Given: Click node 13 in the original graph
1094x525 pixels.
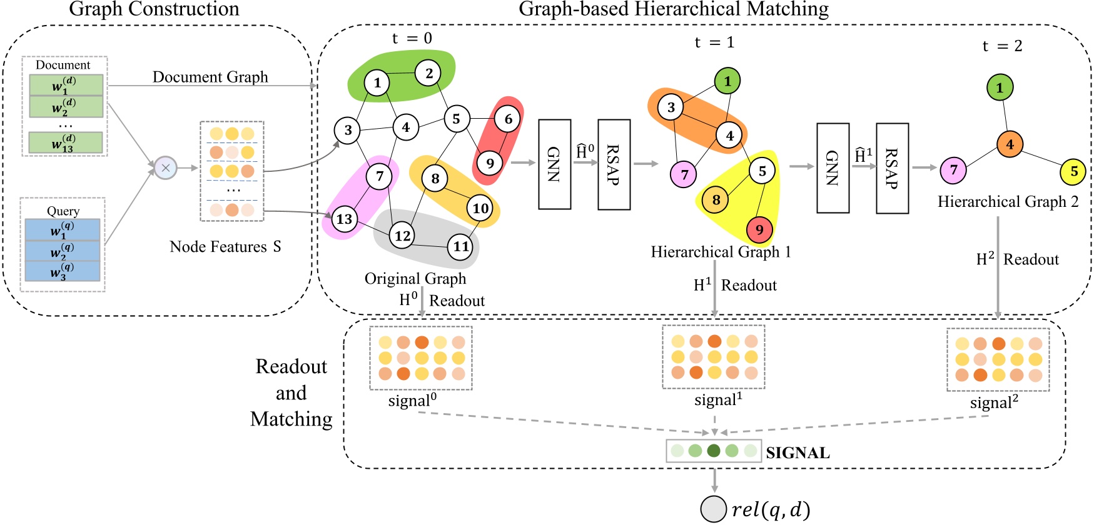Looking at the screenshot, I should coord(345,219).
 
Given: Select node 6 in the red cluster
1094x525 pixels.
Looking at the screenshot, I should coord(508,119).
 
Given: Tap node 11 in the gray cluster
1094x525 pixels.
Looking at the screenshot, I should coord(461,246).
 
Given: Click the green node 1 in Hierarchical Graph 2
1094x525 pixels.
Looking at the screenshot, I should coord(1000,87).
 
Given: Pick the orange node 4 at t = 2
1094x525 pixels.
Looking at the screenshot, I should coord(1010,144).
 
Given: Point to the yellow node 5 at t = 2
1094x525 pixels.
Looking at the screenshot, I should coord(1073,171).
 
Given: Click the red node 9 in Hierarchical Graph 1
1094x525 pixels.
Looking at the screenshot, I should coord(759,229).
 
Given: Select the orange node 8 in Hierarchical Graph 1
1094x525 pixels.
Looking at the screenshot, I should coord(716,200).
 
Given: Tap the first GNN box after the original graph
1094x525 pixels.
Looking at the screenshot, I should coord(554,164).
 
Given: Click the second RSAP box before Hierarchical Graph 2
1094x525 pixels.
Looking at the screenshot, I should coord(892,168).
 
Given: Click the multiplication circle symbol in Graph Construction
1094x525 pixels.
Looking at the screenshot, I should coord(166,167).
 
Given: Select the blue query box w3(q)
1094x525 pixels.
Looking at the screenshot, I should coord(62,271).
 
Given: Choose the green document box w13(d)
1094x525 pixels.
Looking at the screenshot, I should coord(65,143).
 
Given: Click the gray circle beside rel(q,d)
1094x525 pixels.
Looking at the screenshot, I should coord(714,509).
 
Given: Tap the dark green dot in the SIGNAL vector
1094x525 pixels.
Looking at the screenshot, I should coord(714,451).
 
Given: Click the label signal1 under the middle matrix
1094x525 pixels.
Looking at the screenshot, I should coord(718,400).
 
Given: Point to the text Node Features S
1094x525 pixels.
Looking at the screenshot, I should coord(225,247).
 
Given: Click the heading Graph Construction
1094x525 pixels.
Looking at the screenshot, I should coord(154,9).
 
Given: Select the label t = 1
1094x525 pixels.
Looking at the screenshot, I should coord(714,42).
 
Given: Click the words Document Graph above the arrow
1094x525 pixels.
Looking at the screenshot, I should coord(210,77).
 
